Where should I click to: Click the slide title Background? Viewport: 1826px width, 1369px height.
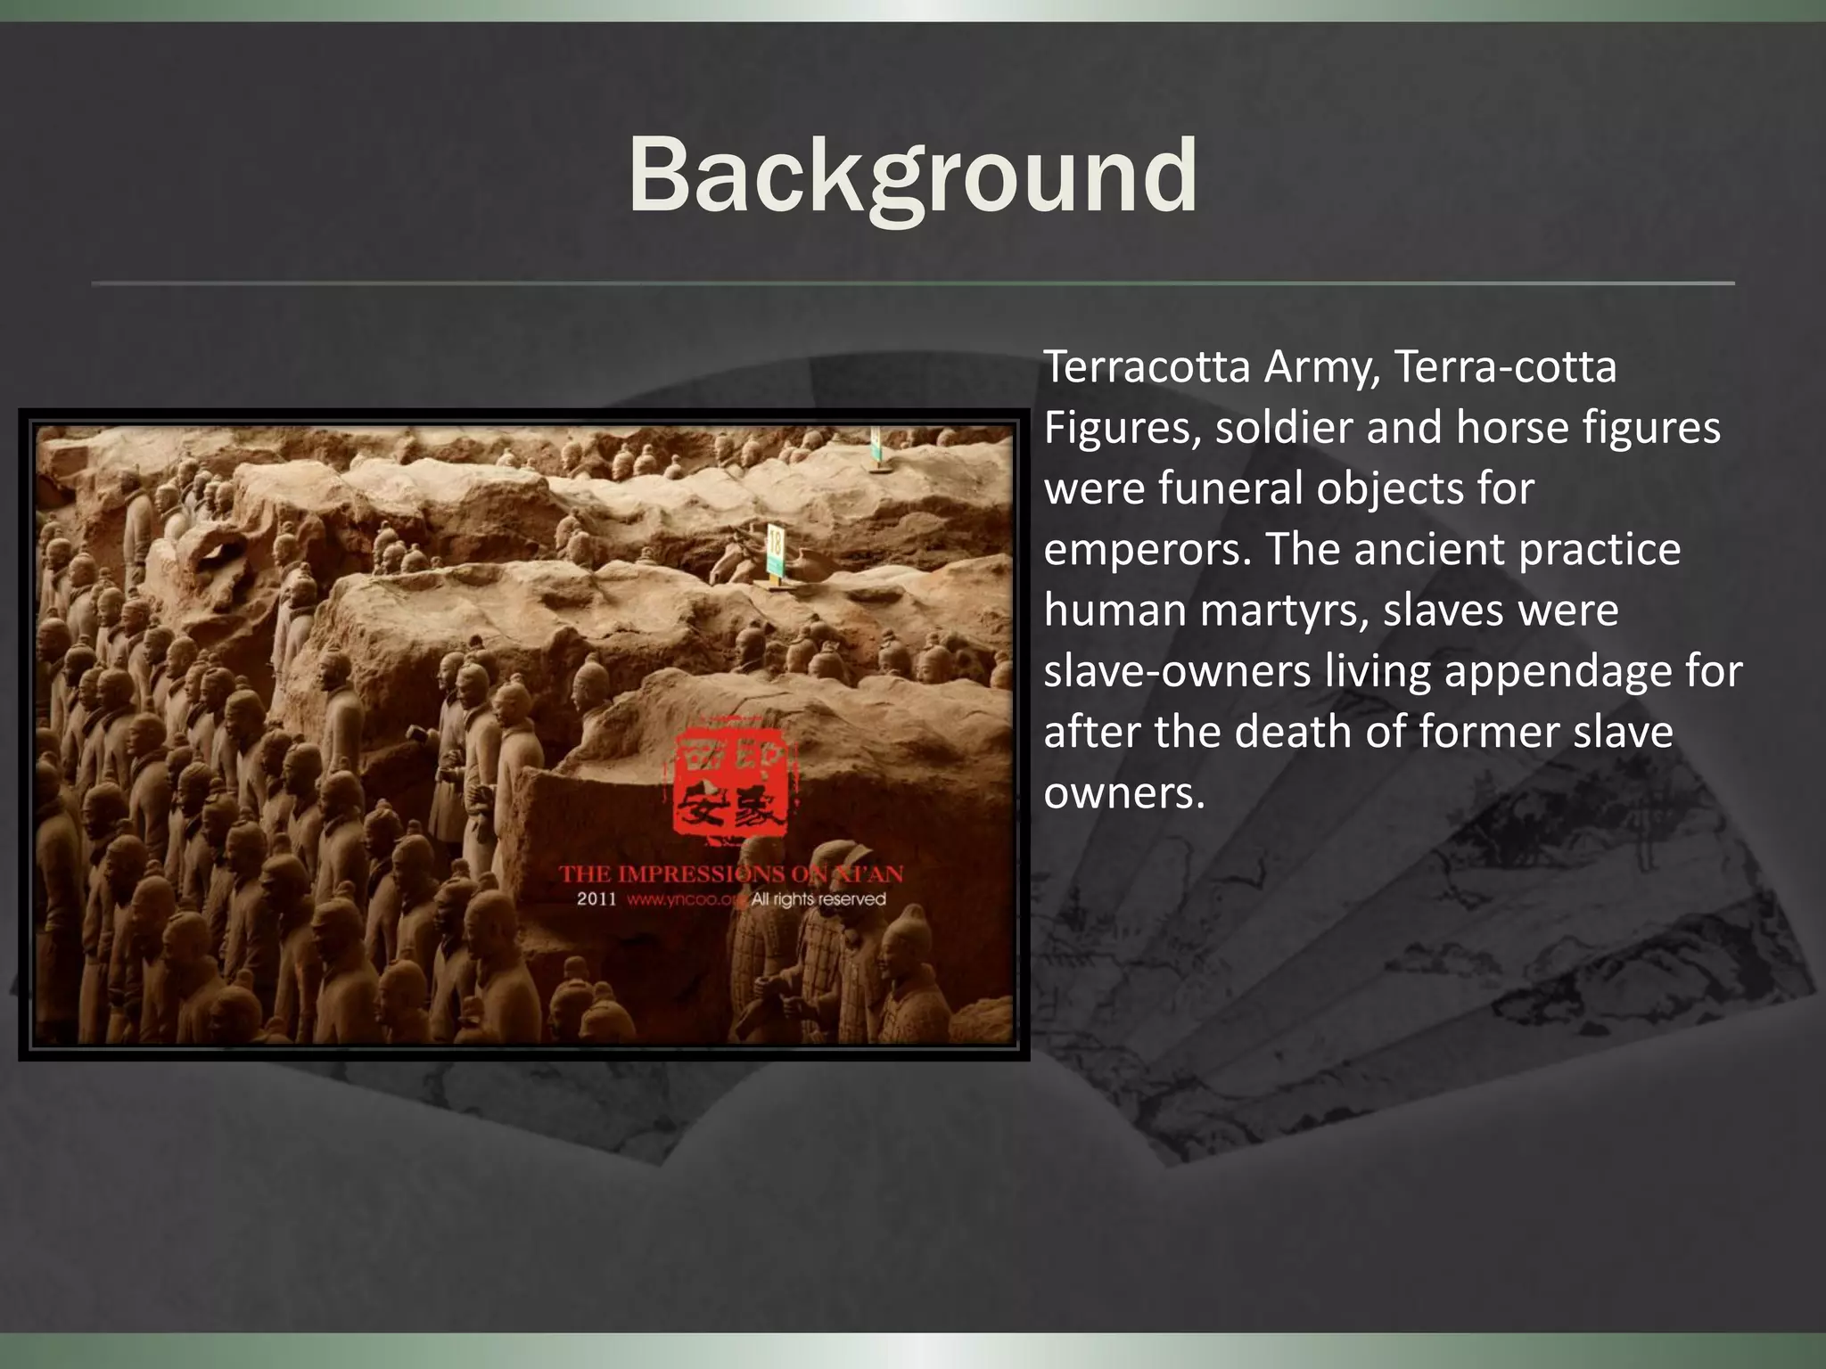(912, 176)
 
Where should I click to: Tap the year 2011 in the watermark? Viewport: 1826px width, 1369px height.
(596, 899)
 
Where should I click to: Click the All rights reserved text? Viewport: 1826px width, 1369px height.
(818, 899)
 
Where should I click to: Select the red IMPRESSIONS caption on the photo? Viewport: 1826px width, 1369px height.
(685, 873)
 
